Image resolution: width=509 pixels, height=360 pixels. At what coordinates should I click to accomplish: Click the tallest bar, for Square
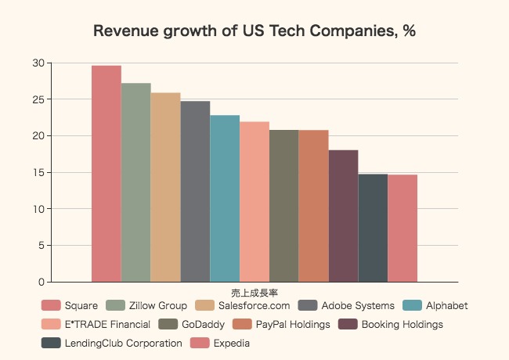pyautogui.click(x=106, y=174)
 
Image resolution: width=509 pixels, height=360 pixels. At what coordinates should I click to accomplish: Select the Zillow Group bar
pyautogui.click(x=136, y=182)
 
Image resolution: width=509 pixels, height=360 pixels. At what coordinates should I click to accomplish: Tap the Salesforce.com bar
pyautogui.click(x=165, y=187)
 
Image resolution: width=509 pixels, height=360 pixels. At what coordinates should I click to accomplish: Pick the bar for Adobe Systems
pyautogui.click(x=195, y=192)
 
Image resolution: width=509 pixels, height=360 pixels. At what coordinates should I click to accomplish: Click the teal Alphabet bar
pyautogui.click(x=225, y=199)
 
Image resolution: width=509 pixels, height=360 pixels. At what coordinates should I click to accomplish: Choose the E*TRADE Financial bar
pyautogui.click(x=254, y=202)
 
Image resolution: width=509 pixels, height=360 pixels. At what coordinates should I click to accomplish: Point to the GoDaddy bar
pyautogui.click(x=284, y=206)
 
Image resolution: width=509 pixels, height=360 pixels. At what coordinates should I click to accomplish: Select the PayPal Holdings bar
pyautogui.click(x=313, y=206)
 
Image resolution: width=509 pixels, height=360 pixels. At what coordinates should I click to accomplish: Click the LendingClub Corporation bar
pyautogui.click(x=373, y=228)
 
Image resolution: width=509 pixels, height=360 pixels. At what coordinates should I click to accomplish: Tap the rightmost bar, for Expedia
pyautogui.click(x=403, y=229)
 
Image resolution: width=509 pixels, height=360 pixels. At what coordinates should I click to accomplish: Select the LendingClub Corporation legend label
pyautogui.click(x=123, y=343)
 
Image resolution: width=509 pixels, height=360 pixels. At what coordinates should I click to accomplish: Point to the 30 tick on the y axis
pyautogui.click(x=38, y=63)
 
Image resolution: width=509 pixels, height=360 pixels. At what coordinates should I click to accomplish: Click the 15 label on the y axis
pyautogui.click(x=38, y=172)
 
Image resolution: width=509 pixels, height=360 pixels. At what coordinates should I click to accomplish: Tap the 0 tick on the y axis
pyautogui.click(x=42, y=282)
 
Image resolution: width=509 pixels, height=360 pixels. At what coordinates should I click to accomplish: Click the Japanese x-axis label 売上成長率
pyautogui.click(x=254, y=293)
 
